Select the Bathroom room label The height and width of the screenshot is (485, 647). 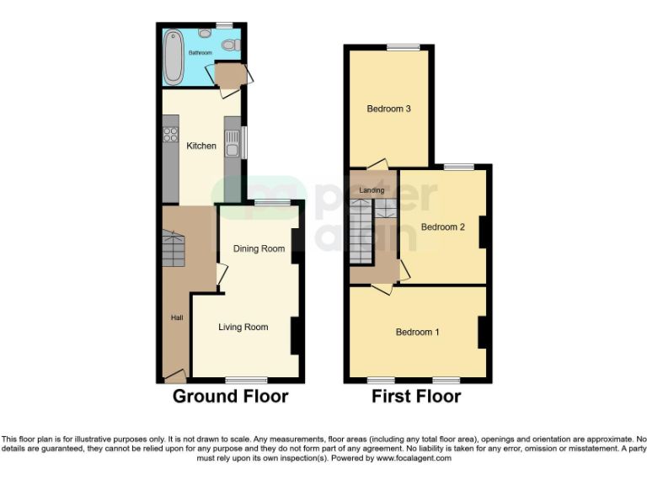click(x=201, y=53)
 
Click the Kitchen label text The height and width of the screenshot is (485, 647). click(x=201, y=146)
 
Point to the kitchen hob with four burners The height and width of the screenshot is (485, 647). click(x=170, y=136)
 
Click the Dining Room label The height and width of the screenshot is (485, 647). click(x=259, y=248)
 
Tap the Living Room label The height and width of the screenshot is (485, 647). click(x=243, y=327)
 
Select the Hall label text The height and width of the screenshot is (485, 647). click(x=177, y=317)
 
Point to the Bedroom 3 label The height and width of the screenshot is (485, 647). click(x=388, y=109)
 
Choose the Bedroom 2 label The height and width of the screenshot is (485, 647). click(x=442, y=227)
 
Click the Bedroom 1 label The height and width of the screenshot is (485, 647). click(x=418, y=332)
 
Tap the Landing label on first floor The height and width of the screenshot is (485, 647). click(x=372, y=191)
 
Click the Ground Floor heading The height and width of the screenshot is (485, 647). click(x=231, y=396)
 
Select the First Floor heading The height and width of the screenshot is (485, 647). click(x=416, y=396)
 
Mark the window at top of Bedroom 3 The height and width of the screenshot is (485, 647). click(x=403, y=47)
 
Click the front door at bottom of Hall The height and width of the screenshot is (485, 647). click(x=175, y=376)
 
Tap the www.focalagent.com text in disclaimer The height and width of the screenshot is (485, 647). click(x=414, y=458)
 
